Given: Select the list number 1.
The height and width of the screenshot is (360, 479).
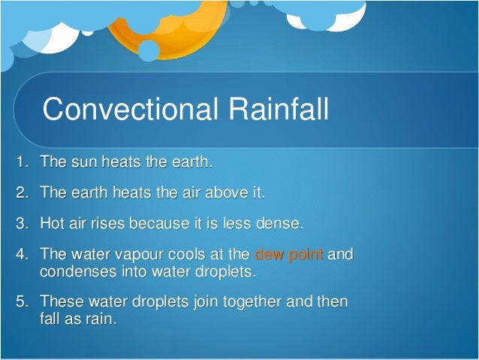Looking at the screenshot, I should [21, 162].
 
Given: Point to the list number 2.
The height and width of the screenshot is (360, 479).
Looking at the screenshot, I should [21, 192].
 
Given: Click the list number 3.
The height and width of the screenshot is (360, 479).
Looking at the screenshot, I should [21, 223].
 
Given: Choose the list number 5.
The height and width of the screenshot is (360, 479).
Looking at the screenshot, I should [21, 301].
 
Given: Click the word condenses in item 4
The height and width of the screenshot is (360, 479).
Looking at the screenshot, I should [75, 271].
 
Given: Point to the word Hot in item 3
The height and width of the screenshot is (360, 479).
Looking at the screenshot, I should [53, 223].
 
